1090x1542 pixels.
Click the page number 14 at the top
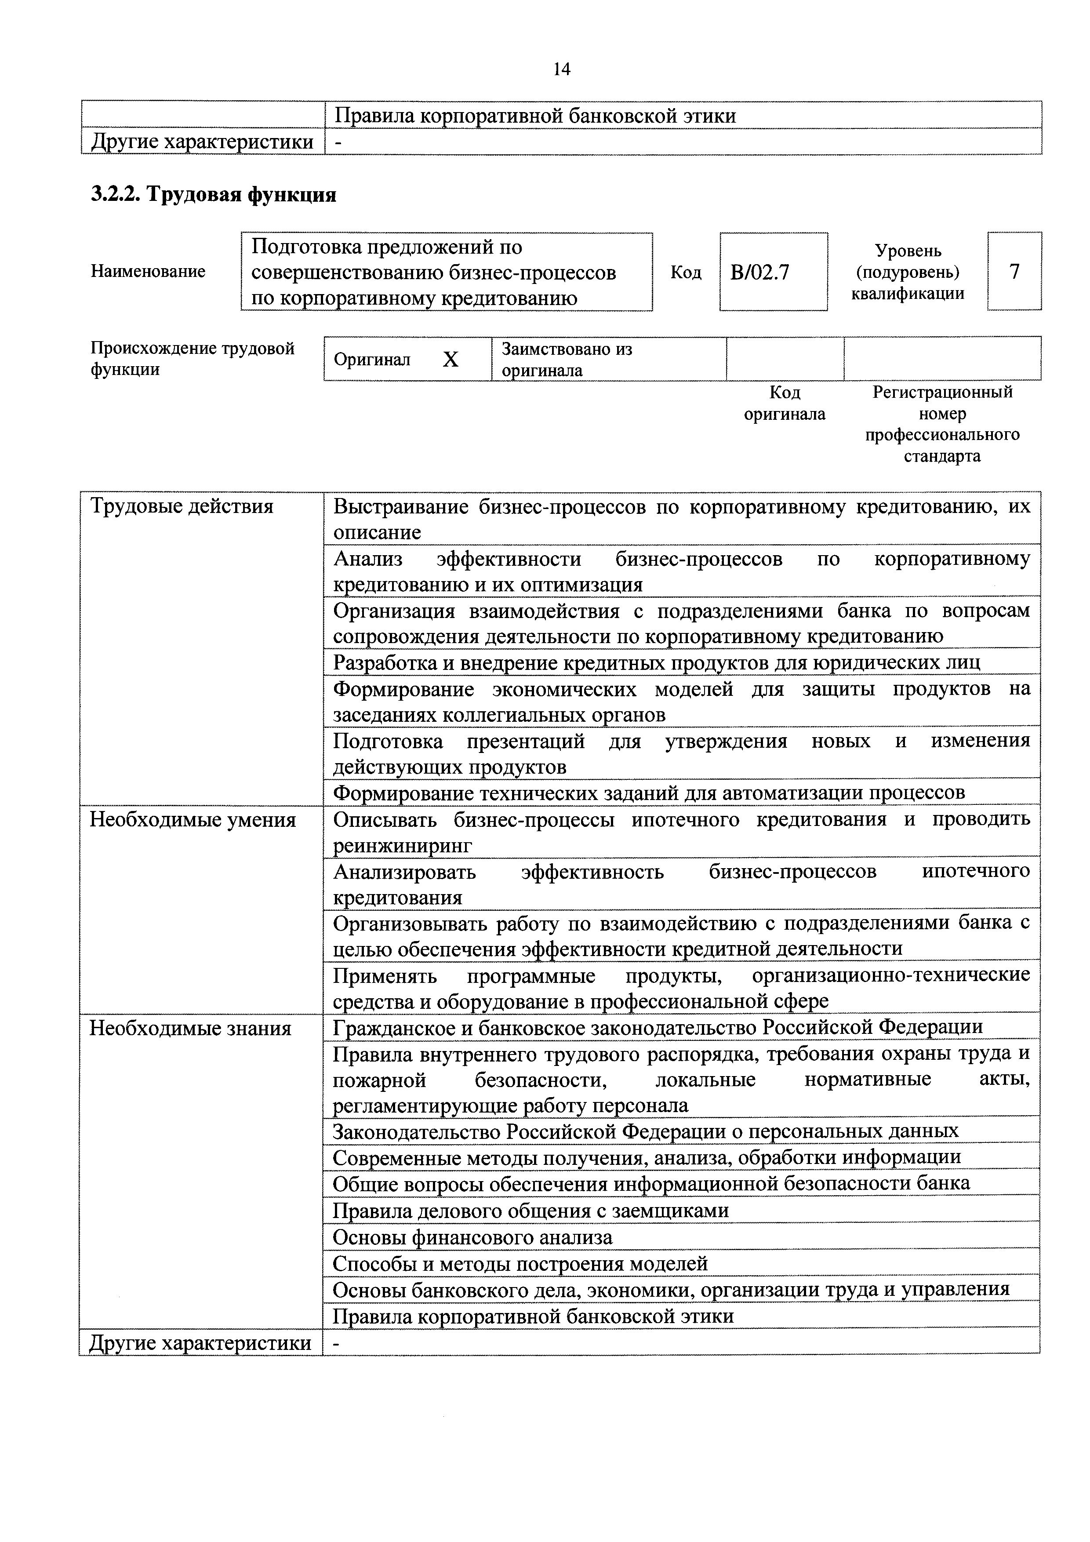pyautogui.click(x=561, y=69)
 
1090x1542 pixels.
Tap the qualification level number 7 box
pyautogui.click(x=1014, y=271)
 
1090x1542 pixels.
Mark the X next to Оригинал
pyautogui.click(x=451, y=360)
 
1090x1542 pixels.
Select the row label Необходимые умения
pyautogui.click(x=193, y=820)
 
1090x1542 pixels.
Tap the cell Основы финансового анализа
pyautogui.click(x=473, y=1238)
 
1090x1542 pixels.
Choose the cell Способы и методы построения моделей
pyautogui.click(x=520, y=1264)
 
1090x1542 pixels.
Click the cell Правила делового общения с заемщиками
pyautogui.click(x=530, y=1211)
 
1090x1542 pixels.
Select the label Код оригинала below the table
pyautogui.click(x=785, y=403)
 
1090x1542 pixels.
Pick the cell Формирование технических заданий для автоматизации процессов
pyautogui.click(x=649, y=793)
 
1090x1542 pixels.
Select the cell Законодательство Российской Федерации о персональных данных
pyautogui.click(x=645, y=1131)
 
